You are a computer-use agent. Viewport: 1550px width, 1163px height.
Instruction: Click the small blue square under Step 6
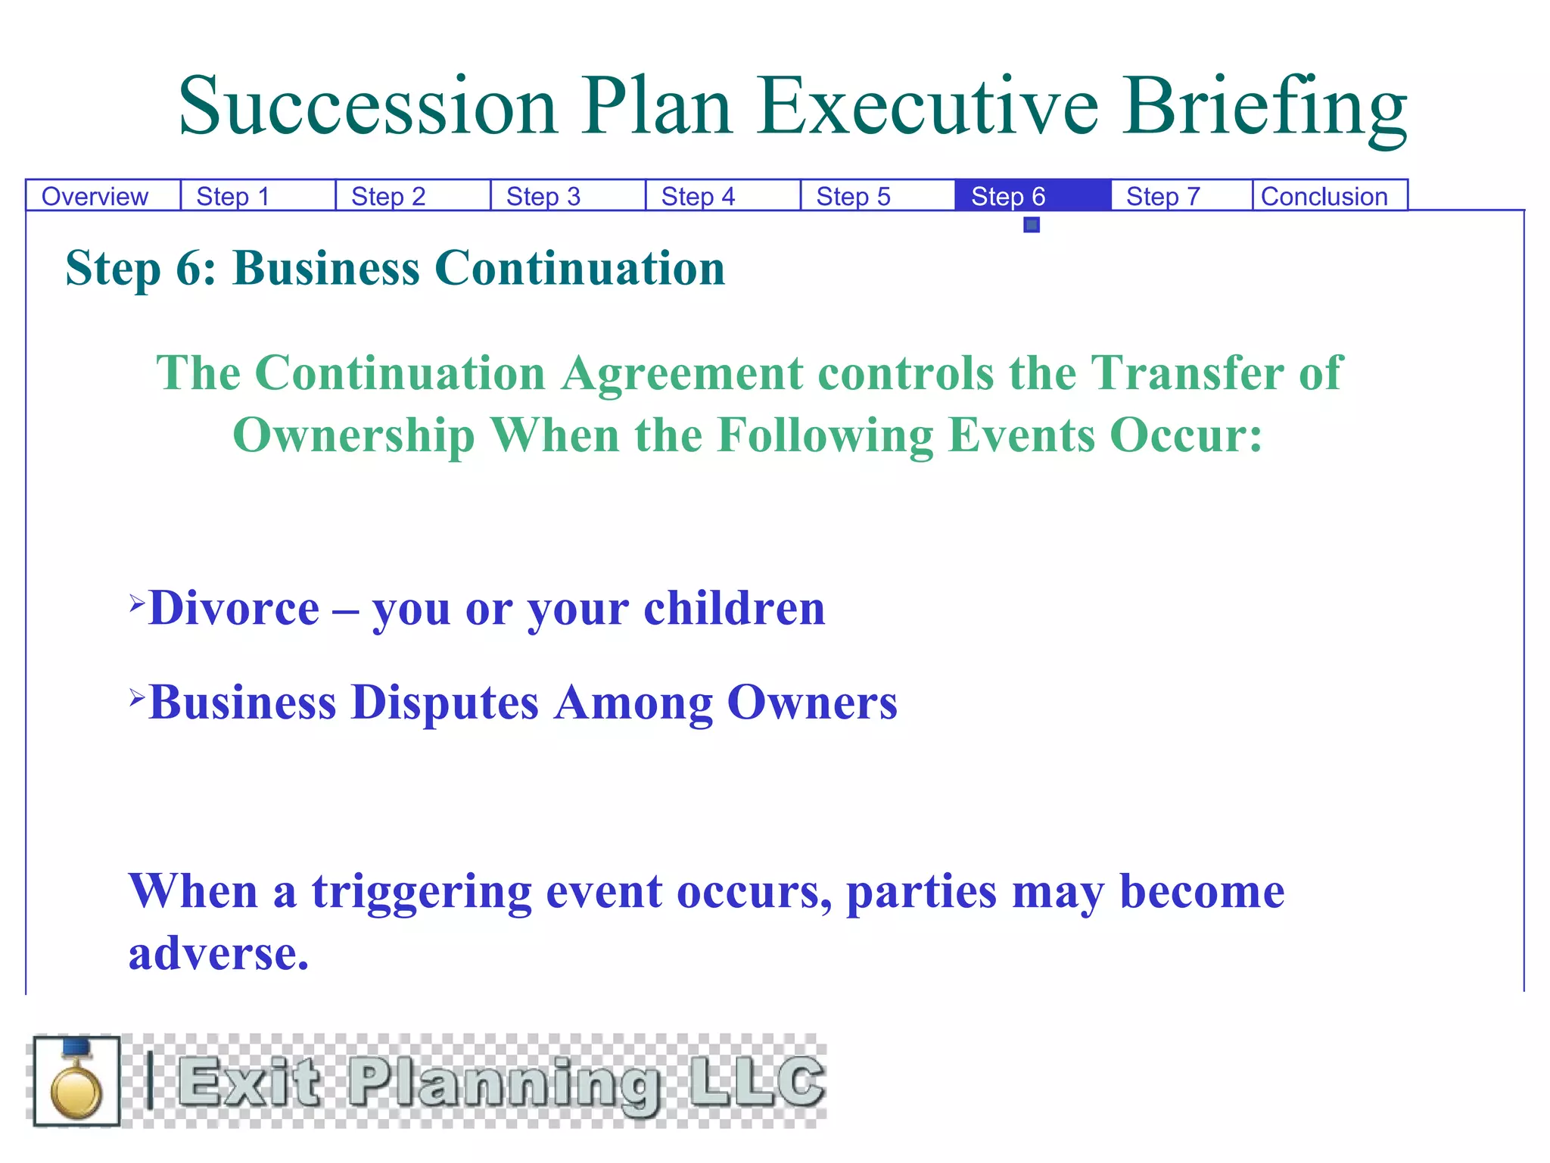click(1032, 225)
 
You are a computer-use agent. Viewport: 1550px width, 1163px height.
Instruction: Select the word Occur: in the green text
click(1186, 435)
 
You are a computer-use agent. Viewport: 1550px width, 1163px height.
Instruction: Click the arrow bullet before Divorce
click(136, 603)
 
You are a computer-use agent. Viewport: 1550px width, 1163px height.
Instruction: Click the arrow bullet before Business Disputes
click(136, 697)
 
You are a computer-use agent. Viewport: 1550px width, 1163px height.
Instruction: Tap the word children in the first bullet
click(734, 608)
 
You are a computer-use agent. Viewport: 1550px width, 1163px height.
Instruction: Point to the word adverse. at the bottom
click(219, 953)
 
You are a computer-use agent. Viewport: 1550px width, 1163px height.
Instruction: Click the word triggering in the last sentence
click(422, 892)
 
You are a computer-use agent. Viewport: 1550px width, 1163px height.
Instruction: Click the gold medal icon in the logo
click(76, 1082)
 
